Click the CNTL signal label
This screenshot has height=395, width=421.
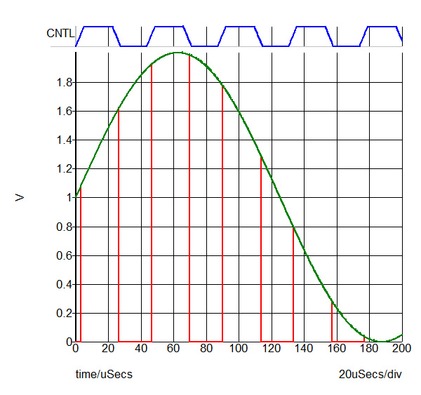click(60, 33)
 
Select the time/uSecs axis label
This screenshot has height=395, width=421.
click(104, 375)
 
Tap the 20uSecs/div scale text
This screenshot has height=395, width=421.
click(370, 375)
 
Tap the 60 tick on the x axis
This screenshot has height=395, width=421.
click(174, 347)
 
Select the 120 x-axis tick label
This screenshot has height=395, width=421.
click(272, 347)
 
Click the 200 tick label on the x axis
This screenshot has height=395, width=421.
click(401, 347)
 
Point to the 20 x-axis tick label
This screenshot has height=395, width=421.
click(108, 347)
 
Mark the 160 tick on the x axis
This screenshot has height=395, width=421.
click(337, 347)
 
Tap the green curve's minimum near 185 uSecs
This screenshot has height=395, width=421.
click(377, 341)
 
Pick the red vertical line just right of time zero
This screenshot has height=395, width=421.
click(81, 267)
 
